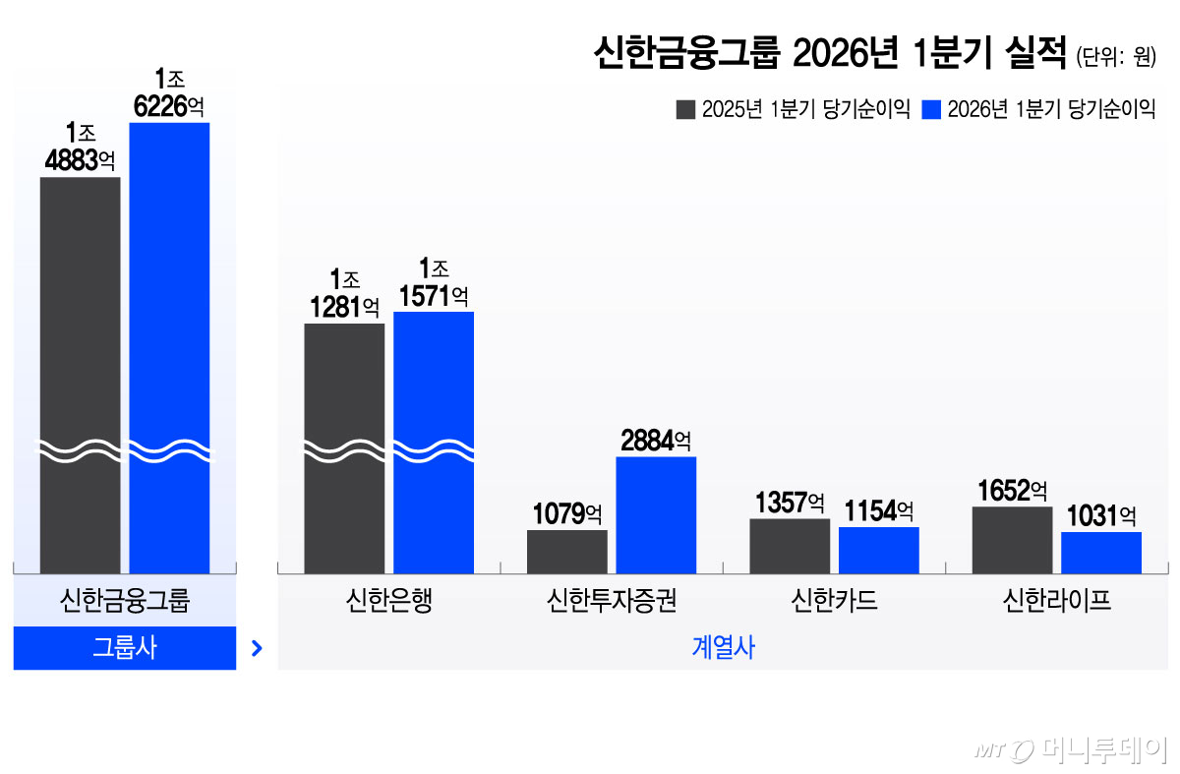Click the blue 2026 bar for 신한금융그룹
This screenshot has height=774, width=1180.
pyautogui.click(x=169, y=344)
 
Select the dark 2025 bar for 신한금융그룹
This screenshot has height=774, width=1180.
pyautogui.click(x=80, y=374)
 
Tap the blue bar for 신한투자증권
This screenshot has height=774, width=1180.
pyautogui.click(x=656, y=514)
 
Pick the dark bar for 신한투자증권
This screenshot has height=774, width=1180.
pyautogui.click(x=566, y=552)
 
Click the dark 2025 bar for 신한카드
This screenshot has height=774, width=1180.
pyautogui.click(x=790, y=546)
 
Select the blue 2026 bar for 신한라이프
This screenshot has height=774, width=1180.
pyautogui.click(x=1101, y=553)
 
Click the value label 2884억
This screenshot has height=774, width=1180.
pyautogui.click(x=656, y=441)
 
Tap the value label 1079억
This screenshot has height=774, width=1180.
pyautogui.click(x=567, y=513)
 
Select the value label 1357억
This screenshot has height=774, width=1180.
pyautogui.click(x=790, y=503)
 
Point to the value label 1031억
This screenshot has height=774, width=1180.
pyautogui.click(x=1101, y=515)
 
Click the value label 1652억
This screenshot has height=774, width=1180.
pyautogui.click(x=1012, y=490)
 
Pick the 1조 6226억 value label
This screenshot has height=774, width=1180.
pyautogui.click(x=169, y=92)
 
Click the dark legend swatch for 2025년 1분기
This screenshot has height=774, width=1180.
pyautogui.click(x=685, y=109)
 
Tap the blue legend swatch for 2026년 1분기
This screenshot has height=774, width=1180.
pyautogui.click(x=931, y=109)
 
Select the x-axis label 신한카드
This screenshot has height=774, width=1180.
pyautogui.click(x=834, y=600)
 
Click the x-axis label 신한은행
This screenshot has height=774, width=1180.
pyautogui.click(x=388, y=600)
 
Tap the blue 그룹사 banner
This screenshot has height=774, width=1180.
pyautogui.click(x=125, y=648)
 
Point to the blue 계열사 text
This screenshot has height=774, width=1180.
pyautogui.click(x=723, y=648)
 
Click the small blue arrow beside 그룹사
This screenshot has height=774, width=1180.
pyautogui.click(x=257, y=648)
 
